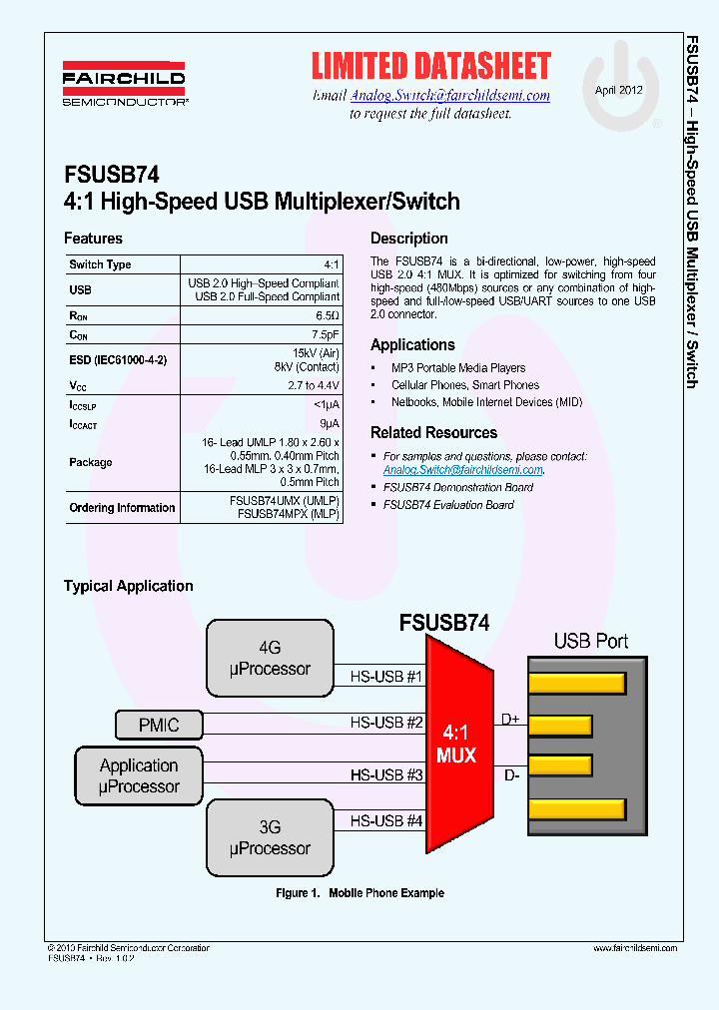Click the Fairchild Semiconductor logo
tap(125, 86)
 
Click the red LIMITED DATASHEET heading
tap(430, 67)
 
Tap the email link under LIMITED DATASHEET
tap(449, 96)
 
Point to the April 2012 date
tap(619, 90)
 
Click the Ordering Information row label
tap(122, 508)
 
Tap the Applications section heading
tap(412, 345)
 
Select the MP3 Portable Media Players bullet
tap(458, 368)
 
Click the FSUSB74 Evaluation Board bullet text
tap(448, 505)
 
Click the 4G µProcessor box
tap(270, 658)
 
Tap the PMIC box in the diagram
tap(159, 725)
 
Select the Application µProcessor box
tap(139, 776)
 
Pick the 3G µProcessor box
tap(270, 837)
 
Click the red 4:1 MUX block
tap(456, 745)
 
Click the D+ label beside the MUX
tap(510, 720)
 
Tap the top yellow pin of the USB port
tap(576, 684)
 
